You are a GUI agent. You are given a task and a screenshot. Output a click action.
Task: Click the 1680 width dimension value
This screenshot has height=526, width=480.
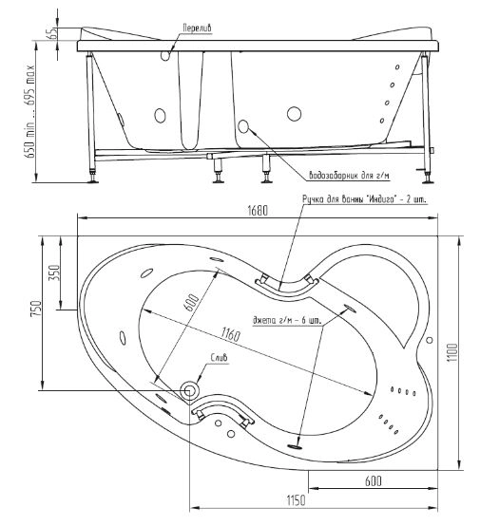(x=258, y=211)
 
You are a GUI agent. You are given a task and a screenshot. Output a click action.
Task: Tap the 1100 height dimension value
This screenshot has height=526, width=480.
(x=452, y=352)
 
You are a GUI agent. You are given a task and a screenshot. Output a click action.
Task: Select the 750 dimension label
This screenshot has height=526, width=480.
(x=36, y=309)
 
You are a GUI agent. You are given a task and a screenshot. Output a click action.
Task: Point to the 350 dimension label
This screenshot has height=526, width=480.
(x=54, y=272)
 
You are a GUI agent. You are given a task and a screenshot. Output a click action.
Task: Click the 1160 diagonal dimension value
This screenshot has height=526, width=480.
(x=230, y=334)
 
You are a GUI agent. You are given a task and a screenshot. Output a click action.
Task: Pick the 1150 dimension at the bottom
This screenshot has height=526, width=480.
(x=296, y=500)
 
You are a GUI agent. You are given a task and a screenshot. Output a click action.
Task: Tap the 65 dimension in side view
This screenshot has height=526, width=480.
(x=52, y=33)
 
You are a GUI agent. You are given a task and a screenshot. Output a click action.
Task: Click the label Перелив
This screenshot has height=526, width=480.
(x=197, y=28)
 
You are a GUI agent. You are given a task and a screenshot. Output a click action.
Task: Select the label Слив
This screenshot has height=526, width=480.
(x=219, y=358)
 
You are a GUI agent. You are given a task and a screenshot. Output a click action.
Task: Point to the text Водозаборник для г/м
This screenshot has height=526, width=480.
(x=350, y=176)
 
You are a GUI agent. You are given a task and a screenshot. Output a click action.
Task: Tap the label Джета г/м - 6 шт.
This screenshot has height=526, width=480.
(x=286, y=320)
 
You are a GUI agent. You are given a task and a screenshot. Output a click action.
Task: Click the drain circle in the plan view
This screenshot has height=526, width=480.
(x=189, y=390)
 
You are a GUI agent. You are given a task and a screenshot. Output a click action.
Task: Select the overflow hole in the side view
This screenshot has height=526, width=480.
(x=165, y=55)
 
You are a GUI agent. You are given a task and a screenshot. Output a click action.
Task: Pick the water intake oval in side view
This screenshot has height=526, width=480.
(x=243, y=126)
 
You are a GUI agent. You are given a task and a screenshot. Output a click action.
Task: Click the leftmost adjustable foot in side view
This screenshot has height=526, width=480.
(x=92, y=178)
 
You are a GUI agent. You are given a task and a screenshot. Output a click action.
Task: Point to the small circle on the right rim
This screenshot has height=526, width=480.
(x=430, y=340)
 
